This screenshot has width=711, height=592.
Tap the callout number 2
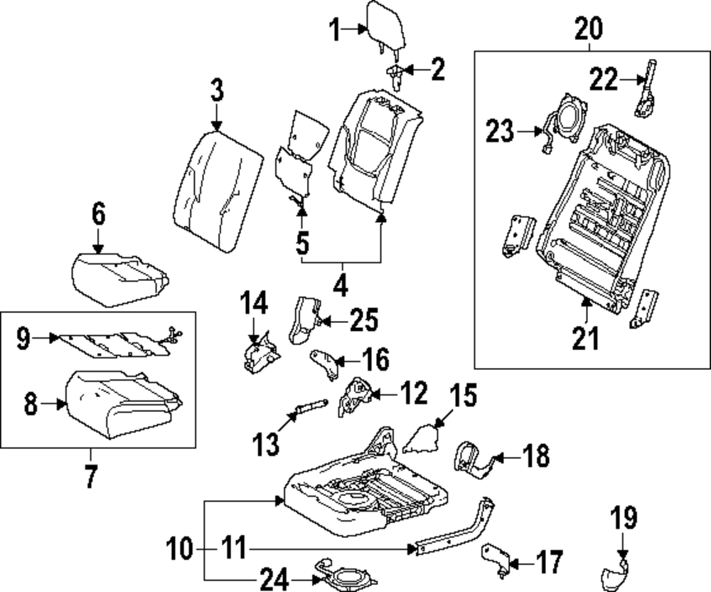pyautogui.click(x=436, y=69)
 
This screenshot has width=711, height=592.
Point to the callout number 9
pyautogui.click(x=23, y=339)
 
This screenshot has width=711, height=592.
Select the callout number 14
pyautogui.click(x=253, y=303)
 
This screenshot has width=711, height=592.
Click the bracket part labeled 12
pyautogui.click(x=355, y=396)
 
